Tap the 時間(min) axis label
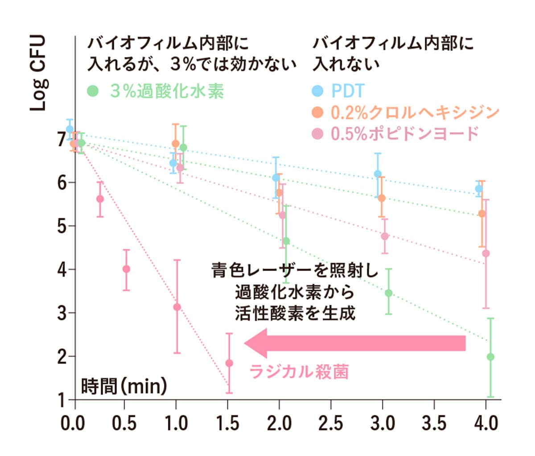point(124,386)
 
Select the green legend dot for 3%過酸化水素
point(93,91)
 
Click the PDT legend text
point(347,91)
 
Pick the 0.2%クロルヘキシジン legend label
point(415,112)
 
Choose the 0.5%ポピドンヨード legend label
point(405,133)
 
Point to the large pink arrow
point(355,343)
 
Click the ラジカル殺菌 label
point(298,371)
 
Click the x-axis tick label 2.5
point(331,423)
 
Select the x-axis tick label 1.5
point(228,423)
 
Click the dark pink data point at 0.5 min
point(126,269)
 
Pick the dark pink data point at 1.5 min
point(229,363)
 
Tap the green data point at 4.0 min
point(490,357)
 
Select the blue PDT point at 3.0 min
point(378,174)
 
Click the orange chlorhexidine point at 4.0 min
point(481,214)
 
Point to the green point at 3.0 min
point(388,293)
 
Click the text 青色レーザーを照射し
point(295,270)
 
